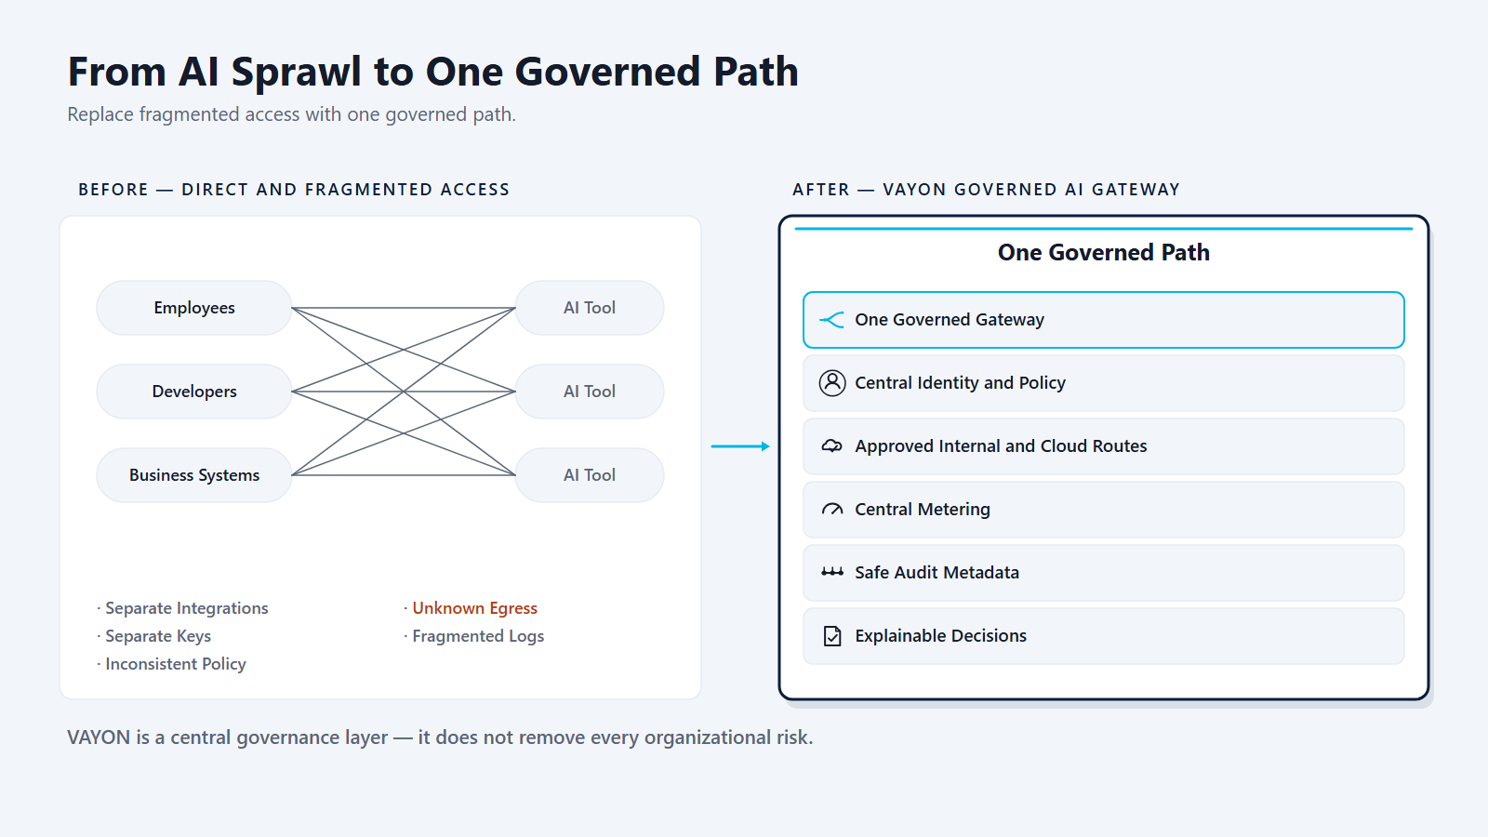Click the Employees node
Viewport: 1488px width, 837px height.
pyautogui.click(x=194, y=308)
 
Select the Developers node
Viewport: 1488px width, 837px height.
pyautogui.click(x=194, y=392)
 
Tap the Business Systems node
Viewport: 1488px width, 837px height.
pyautogui.click(x=194, y=475)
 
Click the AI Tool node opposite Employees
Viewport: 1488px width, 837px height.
pyautogui.click(x=590, y=308)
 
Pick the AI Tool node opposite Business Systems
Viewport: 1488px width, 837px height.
pyautogui.click(x=590, y=475)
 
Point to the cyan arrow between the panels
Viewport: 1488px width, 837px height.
pyautogui.click(x=740, y=446)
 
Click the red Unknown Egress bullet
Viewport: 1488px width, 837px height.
pyautogui.click(x=471, y=608)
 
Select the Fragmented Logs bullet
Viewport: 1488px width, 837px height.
pyautogui.click(x=473, y=636)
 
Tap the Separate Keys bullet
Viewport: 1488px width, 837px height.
pyautogui.click(x=153, y=636)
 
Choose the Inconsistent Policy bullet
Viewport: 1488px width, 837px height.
pyautogui.click(x=171, y=664)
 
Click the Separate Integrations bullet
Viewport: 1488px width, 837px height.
pyautogui.click(x=182, y=608)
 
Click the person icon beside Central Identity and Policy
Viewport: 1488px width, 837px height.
pyautogui.click(x=831, y=383)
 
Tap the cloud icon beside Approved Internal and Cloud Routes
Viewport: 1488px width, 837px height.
pyautogui.click(x=831, y=445)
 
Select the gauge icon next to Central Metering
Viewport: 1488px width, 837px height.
pyautogui.click(x=831, y=510)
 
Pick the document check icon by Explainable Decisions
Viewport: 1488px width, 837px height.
pyautogui.click(x=831, y=636)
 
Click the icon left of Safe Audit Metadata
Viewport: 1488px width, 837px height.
pyautogui.click(x=831, y=572)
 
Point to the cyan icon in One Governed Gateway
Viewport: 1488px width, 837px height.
pyautogui.click(x=831, y=320)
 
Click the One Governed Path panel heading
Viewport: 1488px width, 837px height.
pyautogui.click(x=1103, y=252)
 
